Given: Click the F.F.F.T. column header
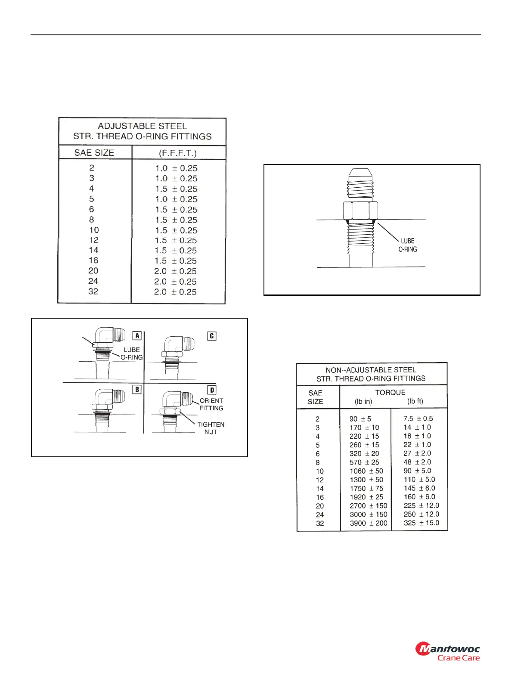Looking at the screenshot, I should (177, 153).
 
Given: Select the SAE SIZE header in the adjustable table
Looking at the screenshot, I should (94, 153).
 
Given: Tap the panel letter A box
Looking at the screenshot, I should (137, 336).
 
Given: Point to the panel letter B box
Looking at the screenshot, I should (137, 390).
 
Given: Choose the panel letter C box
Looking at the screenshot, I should (211, 336).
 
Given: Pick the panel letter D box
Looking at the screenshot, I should (211, 390).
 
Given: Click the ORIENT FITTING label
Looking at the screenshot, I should (211, 404).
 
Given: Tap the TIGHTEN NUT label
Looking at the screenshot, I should (211, 428).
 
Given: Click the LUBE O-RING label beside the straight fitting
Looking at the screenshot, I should (407, 245).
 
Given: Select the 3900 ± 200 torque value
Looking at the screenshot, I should (368, 523).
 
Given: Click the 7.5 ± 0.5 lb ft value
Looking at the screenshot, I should (418, 418).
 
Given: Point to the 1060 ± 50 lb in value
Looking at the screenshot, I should (366, 471).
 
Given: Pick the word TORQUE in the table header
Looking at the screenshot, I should (390, 392).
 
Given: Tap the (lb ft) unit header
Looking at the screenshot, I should (415, 401).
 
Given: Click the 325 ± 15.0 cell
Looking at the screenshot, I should (422, 523).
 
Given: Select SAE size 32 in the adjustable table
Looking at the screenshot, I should (93, 291).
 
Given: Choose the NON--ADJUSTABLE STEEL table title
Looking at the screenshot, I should (371, 370).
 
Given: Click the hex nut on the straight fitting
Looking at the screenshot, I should (360, 211).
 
